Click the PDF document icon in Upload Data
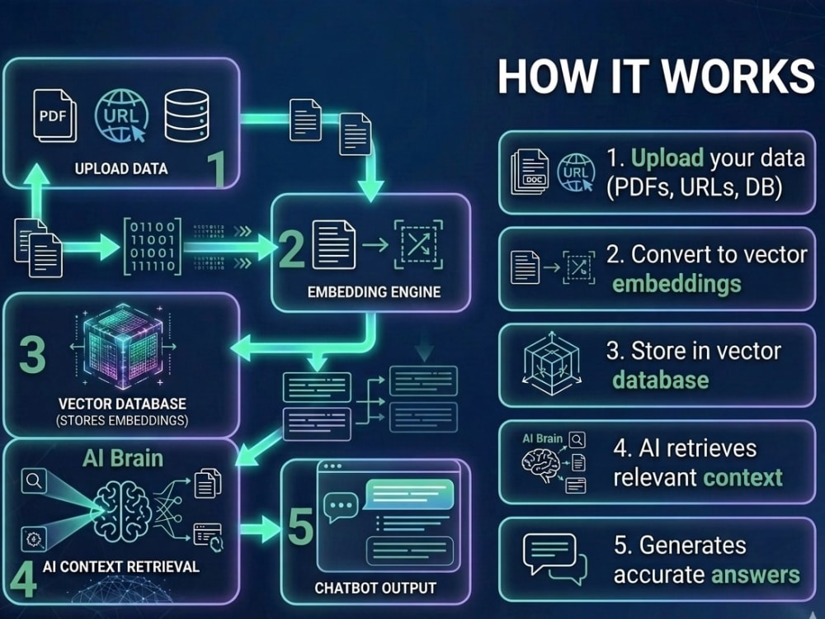54,116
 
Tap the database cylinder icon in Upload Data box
186,116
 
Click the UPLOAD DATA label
121,168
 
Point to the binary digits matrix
153,246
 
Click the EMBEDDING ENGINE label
374,292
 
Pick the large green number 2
291,249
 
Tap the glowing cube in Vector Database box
123,346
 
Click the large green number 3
33,354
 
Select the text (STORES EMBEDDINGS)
122,421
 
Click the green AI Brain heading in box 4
123,458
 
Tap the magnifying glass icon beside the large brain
34,481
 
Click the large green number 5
301,527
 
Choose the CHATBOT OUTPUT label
375,588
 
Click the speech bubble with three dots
341,507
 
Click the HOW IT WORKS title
656,76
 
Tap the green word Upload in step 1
667,158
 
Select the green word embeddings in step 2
676,284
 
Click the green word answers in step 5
755,574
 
